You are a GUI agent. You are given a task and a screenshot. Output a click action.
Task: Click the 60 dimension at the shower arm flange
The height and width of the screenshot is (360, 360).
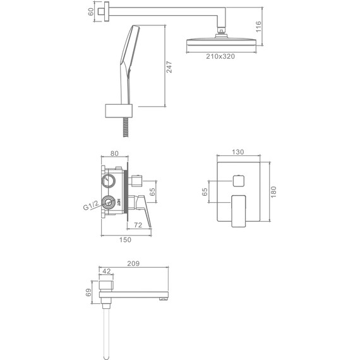91,12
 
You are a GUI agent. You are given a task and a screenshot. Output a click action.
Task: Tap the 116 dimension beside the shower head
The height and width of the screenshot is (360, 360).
258,27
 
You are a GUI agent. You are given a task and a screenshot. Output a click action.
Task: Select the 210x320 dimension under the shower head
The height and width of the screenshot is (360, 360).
220,56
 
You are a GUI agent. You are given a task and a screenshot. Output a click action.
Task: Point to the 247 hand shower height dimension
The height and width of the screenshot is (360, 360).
169,67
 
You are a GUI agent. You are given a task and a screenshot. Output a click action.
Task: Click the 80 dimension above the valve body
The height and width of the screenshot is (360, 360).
114,153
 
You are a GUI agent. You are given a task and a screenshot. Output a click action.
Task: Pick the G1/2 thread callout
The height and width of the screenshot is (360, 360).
91,205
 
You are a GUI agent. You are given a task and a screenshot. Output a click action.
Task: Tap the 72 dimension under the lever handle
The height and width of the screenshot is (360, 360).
138,225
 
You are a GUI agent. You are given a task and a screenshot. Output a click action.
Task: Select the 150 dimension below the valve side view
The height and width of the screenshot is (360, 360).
125,240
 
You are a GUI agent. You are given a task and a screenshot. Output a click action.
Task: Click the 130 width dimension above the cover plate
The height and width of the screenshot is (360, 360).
238,152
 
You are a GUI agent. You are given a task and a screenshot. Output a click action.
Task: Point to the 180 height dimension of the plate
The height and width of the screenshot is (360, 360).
273,192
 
